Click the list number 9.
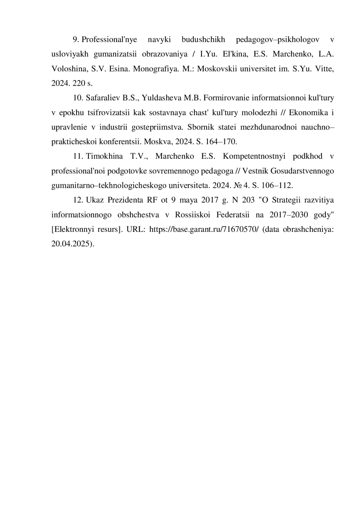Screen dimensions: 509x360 [x=75, y=40]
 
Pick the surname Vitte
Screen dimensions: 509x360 [x=324, y=69]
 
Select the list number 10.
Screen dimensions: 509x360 [x=78, y=98]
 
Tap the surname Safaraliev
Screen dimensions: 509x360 [x=103, y=98]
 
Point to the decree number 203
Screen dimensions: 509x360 [x=248, y=200]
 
